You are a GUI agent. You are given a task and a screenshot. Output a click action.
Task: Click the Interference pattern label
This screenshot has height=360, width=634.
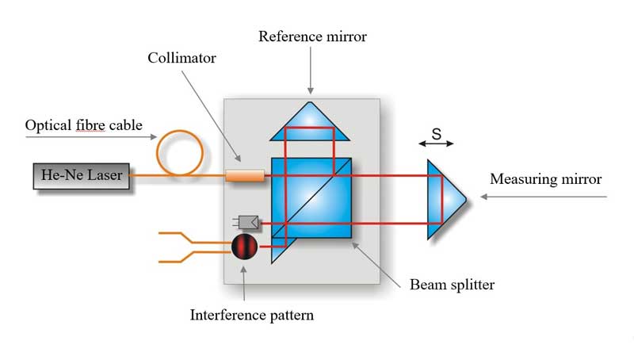coord(252,315)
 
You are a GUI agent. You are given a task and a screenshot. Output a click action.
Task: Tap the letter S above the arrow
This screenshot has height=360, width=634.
coord(437,131)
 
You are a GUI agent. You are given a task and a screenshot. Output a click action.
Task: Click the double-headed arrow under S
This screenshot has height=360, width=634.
coord(437,144)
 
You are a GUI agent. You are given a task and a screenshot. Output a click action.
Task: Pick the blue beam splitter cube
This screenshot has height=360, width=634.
coord(313,198)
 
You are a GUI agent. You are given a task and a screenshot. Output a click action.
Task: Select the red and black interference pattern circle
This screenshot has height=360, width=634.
coord(245,246)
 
